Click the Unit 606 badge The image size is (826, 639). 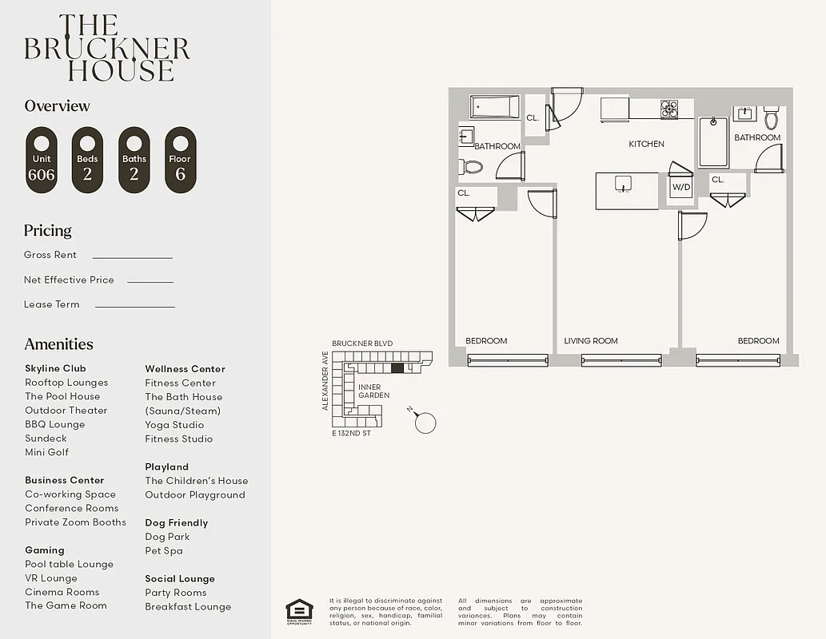click(x=42, y=160)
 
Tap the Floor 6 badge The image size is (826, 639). click(x=180, y=160)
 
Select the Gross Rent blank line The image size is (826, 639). click(x=132, y=257)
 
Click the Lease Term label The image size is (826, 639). click(x=52, y=304)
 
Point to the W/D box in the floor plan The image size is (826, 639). click(x=681, y=188)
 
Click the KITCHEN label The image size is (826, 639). click(x=646, y=145)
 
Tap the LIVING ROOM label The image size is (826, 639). click(x=591, y=341)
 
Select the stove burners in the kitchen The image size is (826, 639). click(x=668, y=108)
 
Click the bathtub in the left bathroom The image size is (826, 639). click(x=495, y=106)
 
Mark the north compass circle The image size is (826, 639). click(x=425, y=423)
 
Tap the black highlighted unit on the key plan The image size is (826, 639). click(x=397, y=368)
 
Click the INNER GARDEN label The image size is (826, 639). click(x=373, y=391)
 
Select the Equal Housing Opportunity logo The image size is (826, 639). click(x=299, y=612)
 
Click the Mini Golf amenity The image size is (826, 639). click(x=46, y=452)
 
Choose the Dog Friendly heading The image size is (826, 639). click(x=176, y=523)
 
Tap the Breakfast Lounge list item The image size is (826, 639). click(x=188, y=607)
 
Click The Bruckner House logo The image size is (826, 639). click(x=107, y=48)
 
